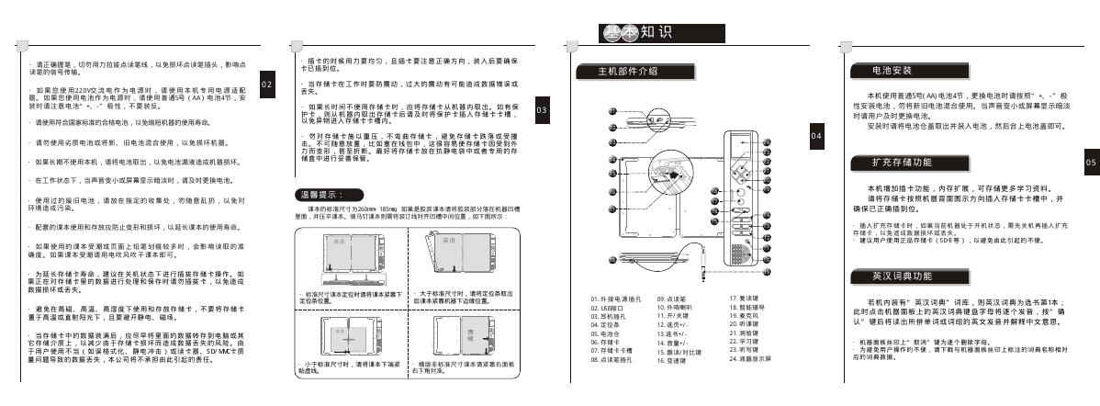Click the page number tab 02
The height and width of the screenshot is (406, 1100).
click(x=266, y=84)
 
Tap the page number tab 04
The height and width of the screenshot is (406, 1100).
click(x=817, y=135)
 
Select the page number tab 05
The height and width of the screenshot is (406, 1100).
click(x=1090, y=161)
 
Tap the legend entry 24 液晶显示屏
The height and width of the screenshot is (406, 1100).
click(x=748, y=358)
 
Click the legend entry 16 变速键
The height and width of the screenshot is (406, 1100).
click(x=672, y=360)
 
